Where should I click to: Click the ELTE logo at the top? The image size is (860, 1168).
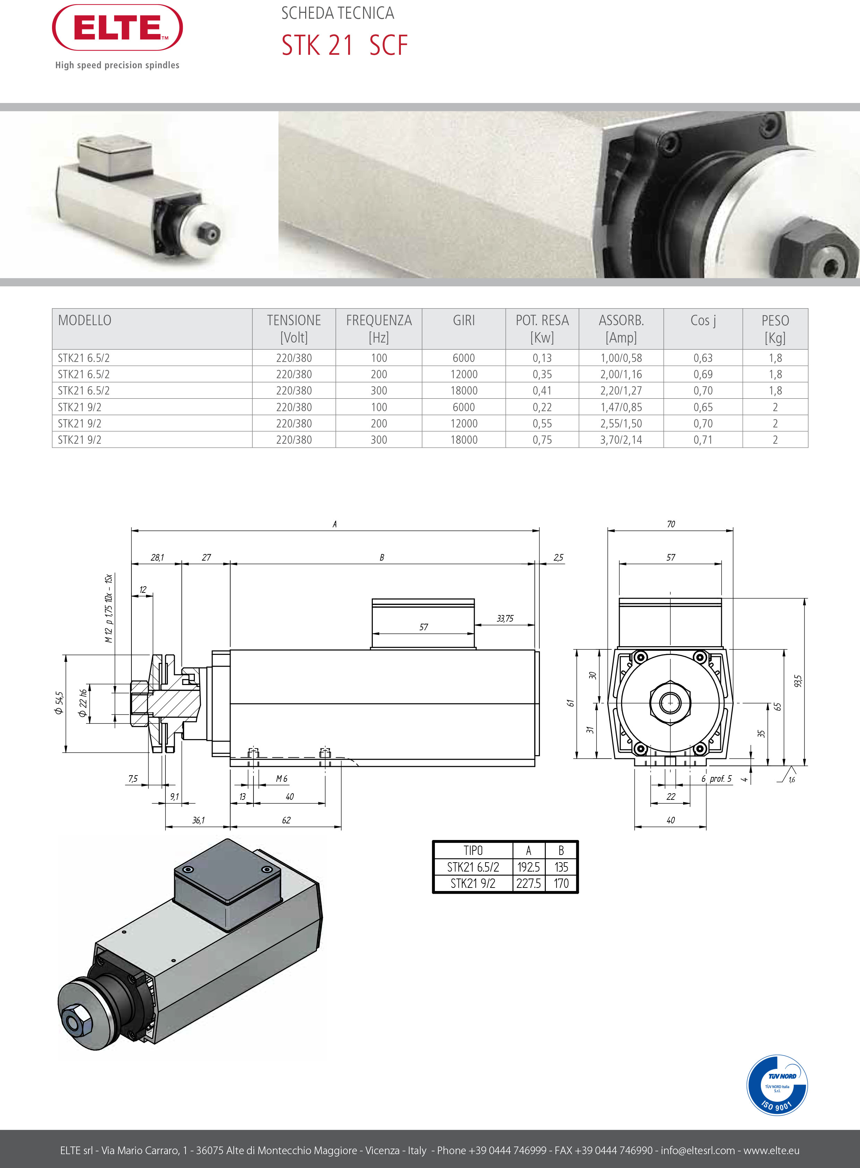[x=118, y=28]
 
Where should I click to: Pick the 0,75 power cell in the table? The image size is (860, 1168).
[x=542, y=440]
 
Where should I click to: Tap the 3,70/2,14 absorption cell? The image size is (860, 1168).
[x=621, y=440]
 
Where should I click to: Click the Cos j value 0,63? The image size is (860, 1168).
[x=703, y=358]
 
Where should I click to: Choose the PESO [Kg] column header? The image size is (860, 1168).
[x=775, y=329]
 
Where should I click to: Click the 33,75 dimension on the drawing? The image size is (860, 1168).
[x=505, y=618]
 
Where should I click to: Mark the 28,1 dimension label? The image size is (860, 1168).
[x=157, y=557]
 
